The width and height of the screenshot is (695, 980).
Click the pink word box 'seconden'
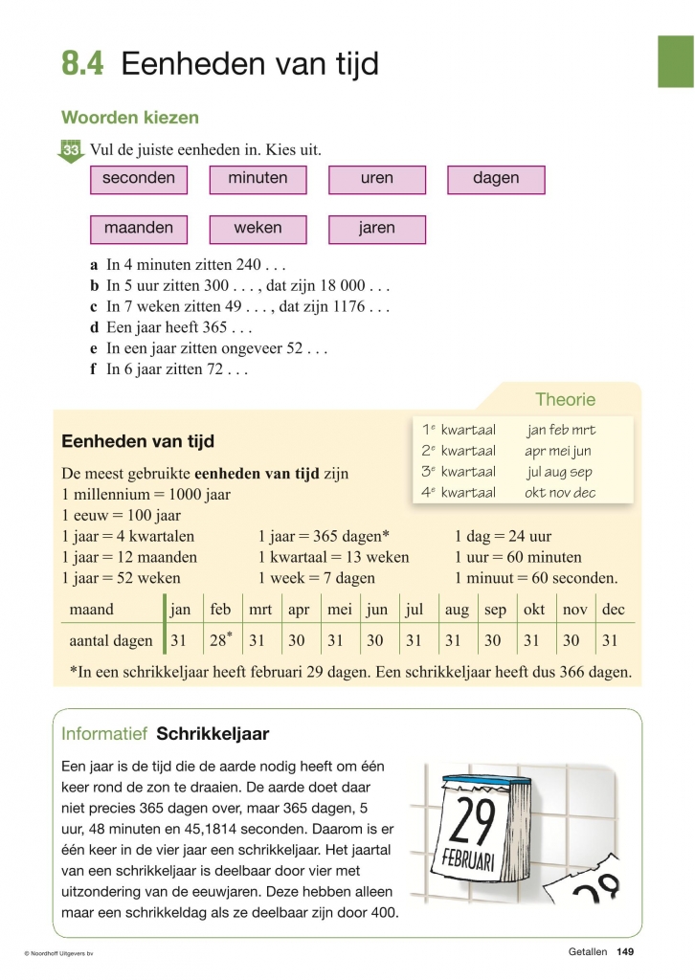(x=139, y=179)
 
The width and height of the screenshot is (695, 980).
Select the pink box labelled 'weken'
(x=258, y=229)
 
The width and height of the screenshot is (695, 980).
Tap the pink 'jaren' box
(x=376, y=229)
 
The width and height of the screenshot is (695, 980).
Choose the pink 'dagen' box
(x=496, y=179)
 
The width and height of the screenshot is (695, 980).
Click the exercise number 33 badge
(x=72, y=151)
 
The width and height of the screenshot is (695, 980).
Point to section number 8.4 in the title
(x=83, y=64)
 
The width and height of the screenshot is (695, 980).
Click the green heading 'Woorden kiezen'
(x=130, y=118)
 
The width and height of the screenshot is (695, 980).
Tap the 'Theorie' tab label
(x=565, y=400)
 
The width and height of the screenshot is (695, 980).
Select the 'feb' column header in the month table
(x=220, y=610)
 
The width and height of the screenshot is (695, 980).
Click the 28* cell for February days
(x=221, y=640)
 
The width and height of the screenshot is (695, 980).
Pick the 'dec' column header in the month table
(x=613, y=610)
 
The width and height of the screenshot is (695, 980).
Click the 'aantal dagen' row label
(x=111, y=641)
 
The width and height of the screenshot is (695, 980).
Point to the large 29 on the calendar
(x=472, y=820)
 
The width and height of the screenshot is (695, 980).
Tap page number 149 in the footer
(x=626, y=951)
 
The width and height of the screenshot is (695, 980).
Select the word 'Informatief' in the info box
(x=103, y=734)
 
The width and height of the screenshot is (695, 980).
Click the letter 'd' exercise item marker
(x=95, y=327)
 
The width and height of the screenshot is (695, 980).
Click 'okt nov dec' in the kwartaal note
(x=560, y=493)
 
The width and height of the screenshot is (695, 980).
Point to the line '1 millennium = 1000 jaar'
(x=146, y=495)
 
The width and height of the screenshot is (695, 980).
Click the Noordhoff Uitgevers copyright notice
(x=64, y=953)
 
